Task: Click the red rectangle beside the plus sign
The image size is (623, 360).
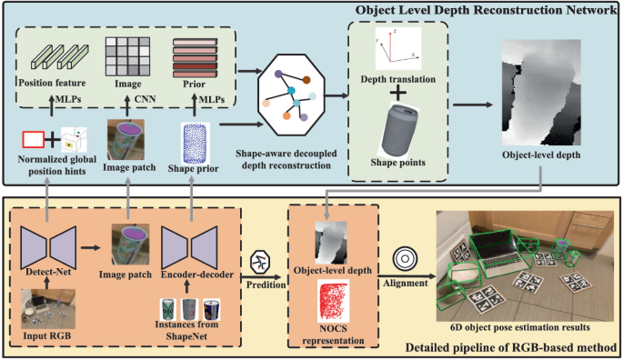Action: point(34,139)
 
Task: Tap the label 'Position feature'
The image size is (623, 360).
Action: point(52,83)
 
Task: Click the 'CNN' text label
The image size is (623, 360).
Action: point(145,99)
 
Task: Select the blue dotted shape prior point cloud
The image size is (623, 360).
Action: point(195,143)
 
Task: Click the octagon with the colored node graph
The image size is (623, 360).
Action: point(291,95)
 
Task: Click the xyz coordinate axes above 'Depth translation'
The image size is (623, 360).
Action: point(398,48)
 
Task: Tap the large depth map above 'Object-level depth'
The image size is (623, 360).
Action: point(541,92)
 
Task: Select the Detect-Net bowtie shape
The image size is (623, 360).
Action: point(48,247)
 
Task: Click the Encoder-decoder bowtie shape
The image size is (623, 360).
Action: point(189,247)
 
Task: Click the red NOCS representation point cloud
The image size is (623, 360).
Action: point(333,301)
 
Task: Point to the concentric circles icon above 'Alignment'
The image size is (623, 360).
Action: point(406,259)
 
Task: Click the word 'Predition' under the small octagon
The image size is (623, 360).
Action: point(266,285)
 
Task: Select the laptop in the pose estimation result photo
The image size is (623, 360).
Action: point(500,255)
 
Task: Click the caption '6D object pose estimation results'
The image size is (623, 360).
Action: point(520,327)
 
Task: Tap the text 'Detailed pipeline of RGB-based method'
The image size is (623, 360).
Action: point(510,347)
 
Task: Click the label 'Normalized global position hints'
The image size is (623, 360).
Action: point(56,165)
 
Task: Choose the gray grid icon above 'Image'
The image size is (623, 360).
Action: point(127,56)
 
